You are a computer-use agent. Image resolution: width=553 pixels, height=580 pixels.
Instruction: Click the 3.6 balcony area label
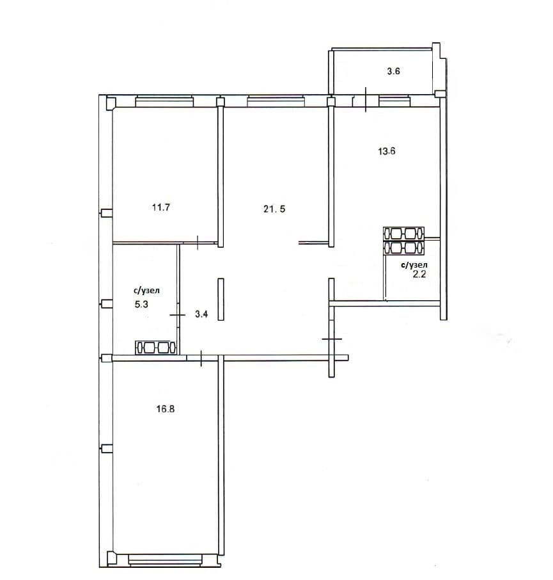393,71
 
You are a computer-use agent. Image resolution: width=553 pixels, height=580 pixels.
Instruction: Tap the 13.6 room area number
386,151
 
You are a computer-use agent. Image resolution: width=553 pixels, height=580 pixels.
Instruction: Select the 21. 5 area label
274,209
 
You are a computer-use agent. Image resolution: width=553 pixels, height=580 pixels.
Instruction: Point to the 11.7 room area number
160,207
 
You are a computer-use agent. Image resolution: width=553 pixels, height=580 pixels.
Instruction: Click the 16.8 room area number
165,408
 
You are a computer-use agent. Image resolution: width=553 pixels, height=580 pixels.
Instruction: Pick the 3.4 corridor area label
201,314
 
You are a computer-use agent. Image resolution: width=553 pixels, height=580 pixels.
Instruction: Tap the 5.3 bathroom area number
141,305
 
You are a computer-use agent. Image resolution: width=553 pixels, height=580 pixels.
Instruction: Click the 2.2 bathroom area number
419,274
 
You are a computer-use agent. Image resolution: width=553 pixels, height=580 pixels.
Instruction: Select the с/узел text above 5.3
146,291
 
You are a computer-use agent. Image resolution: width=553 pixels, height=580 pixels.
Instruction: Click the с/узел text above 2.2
414,265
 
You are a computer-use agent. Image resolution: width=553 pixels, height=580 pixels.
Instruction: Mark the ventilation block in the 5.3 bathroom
155,348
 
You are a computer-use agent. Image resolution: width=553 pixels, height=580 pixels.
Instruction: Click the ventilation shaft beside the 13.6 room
404,241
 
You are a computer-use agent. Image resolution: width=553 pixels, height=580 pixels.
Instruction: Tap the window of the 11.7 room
164,101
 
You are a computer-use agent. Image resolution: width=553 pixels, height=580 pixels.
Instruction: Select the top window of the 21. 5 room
276,101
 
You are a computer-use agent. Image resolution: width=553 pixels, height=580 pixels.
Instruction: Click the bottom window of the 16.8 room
165,560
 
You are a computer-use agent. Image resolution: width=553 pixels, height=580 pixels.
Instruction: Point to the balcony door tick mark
366,99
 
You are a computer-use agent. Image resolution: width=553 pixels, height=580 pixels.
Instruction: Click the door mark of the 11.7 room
198,242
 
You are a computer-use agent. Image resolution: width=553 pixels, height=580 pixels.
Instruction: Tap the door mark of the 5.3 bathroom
177,315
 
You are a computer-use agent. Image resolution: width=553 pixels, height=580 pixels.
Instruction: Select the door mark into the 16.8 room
201,358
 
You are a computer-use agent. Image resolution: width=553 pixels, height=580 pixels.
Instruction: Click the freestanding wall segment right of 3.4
221,299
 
